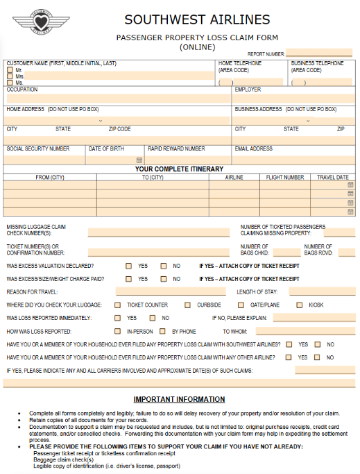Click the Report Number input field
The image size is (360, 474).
(318, 53)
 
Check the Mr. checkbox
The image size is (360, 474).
(10, 70)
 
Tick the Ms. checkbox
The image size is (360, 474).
(10, 83)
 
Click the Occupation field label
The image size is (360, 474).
(22, 90)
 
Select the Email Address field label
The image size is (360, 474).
(253, 149)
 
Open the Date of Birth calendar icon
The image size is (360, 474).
(139, 160)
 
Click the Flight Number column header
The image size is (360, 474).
(285, 177)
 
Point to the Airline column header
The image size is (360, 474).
(234, 177)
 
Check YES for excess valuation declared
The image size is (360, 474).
(128, 266)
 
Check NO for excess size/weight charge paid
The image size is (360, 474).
(164, 279)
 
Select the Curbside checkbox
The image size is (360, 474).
(187, 305)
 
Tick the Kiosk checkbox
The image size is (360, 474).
(300, 305)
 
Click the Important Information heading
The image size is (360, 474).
(180, 399)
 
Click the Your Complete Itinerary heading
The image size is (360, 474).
(179, 169)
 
